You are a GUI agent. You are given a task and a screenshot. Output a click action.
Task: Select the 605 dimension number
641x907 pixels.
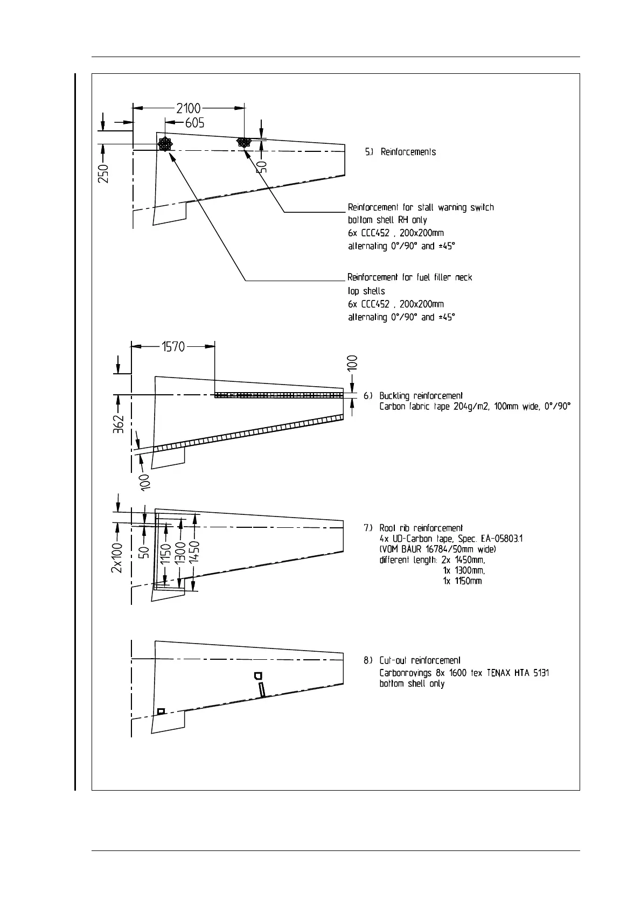(x=194, y=123)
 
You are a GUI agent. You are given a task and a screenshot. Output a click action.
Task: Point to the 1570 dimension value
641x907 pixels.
(x=173, y=347)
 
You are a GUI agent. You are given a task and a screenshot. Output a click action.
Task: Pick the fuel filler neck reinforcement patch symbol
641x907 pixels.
(x=165, y=144)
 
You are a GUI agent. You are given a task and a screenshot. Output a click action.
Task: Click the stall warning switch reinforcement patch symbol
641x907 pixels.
(x=244, y=142)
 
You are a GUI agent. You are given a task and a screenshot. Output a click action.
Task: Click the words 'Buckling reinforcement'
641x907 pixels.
(x=421, y=396)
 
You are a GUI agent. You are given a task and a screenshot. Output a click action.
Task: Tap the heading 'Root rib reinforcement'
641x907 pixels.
(x=421, y=528)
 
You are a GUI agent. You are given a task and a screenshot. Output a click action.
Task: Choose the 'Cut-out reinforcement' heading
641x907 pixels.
(x=420, y=660)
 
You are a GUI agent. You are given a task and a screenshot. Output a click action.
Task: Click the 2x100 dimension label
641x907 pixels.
(x=117, y=558)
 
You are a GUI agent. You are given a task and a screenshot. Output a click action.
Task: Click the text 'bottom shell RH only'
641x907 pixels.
(x=387, y=220)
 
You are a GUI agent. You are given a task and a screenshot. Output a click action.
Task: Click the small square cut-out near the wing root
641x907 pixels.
(x=160, y=711)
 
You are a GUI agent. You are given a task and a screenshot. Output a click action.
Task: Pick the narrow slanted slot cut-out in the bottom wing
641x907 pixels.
(x=262, y=689)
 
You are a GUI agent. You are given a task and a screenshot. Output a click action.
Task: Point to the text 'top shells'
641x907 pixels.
(x=366, y=291)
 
